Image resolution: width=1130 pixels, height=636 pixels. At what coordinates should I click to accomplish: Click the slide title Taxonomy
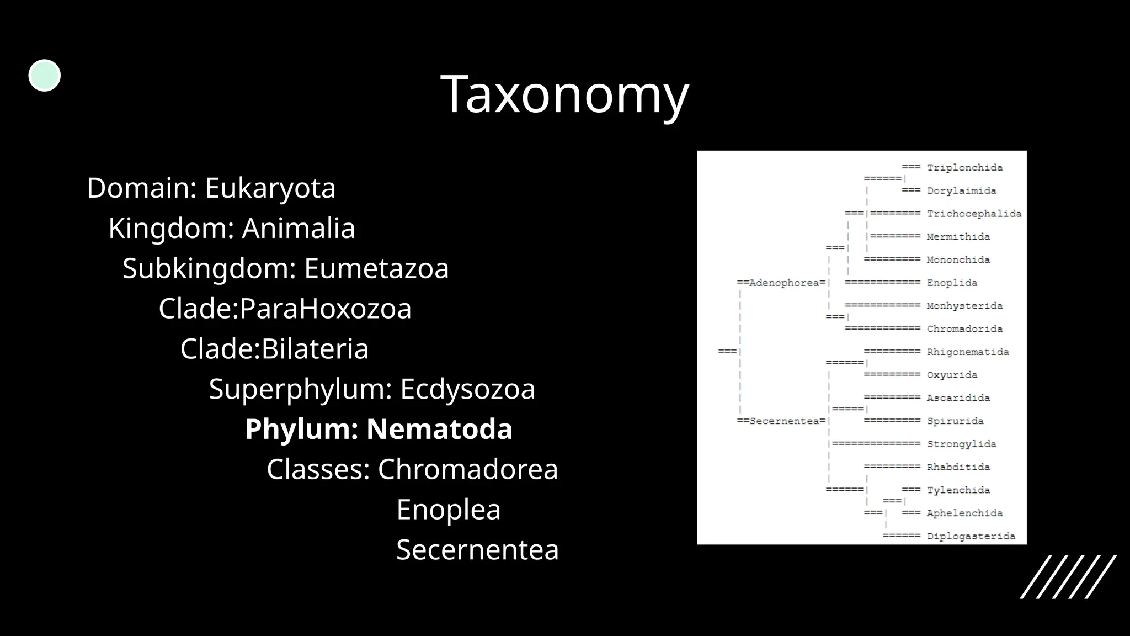click(x=564, y=95)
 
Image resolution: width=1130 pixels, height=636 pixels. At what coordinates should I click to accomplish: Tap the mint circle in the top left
click(x=44, y=76)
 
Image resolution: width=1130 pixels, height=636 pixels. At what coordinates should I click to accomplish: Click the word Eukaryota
click(x=270, y=188)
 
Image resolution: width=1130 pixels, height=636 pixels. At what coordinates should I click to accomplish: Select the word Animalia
click(x=299, y=229)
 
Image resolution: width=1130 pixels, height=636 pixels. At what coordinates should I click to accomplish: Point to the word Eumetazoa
click(x=376, y=269)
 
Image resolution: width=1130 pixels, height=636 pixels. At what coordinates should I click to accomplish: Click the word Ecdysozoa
click(x=467, y=389)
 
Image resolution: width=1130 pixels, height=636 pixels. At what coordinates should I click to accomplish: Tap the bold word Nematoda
click(x=439, y=430)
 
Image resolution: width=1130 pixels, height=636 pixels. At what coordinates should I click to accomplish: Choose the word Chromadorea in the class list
click(x=467, y=470)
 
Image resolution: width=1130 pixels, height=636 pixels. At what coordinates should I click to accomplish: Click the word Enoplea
click(x=448, y=510)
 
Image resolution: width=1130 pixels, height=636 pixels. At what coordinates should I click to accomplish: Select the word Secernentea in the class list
click(x=477, y=550)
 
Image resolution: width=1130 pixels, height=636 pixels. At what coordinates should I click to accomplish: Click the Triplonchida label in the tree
click(x=964, y=168)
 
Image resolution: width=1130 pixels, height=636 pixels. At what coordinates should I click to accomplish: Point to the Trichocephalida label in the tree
click(x=974, y=214)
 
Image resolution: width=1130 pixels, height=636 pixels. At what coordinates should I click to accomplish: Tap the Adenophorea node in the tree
click(x=783, y=283)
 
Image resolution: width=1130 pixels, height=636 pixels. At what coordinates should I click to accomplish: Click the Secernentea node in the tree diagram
click(x=783, y=421)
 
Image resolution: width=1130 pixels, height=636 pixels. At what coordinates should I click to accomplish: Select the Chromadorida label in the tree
click(x=964, y=329)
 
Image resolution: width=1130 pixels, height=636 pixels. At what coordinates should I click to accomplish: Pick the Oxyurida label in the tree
click(x=952, y=375)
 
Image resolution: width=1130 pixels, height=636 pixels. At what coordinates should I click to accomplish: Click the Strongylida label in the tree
click(x=961, y=444)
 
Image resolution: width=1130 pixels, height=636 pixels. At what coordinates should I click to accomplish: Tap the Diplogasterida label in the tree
click(x=971, y=536)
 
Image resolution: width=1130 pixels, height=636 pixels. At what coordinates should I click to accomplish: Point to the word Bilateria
click(x=315, y=349)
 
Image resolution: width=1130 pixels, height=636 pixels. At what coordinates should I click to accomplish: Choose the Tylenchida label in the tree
click(x=958, y=490)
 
